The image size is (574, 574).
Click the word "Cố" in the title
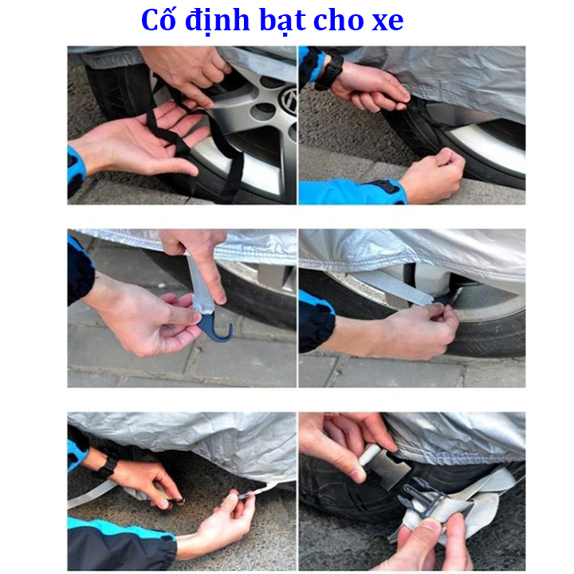(x=158, y=19)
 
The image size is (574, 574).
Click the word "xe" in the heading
(x=387, y=23)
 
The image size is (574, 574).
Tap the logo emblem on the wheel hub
(x=289, y=98)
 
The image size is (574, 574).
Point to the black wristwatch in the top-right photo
(x=331, y=72)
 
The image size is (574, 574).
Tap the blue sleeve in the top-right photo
(x=352, y=192)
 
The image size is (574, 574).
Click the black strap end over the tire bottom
(x=231, y=175)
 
